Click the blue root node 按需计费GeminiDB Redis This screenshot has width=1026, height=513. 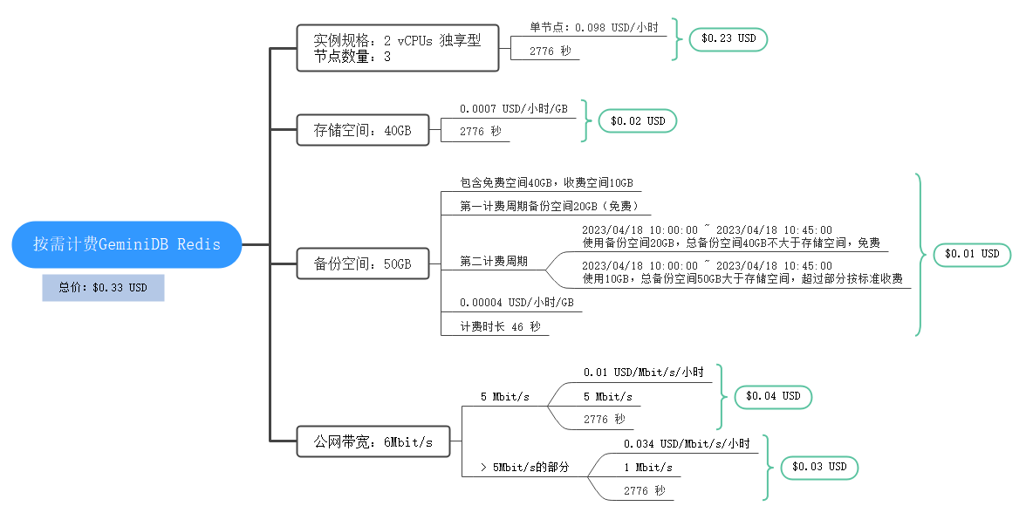point(127,244)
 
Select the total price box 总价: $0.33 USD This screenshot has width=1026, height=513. point(103,287)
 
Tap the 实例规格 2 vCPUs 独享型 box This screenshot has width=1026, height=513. point(398,48)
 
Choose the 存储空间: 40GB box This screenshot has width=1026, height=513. point(362,131)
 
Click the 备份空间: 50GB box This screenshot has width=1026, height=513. point(362,263)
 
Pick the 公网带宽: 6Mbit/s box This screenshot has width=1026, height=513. point(373,441)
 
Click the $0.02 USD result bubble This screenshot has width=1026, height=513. point(637,121)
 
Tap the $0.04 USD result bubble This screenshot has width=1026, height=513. point(773,396)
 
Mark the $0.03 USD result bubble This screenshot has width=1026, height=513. point(819,467)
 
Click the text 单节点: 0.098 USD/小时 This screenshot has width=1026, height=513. point(594,28)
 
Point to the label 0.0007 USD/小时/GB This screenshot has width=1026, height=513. point(513,109)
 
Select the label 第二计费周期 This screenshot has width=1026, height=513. point(493,262)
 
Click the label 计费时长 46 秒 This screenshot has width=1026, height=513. point(501,326)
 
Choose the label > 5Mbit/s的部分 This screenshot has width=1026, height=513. point(524,468)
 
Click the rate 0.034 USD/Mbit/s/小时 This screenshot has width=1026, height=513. point(687,444)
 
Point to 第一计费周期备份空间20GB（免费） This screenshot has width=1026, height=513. point(556,206)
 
